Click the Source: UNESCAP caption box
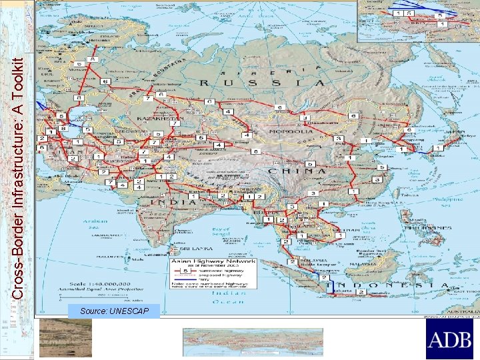click(x=113, y=311)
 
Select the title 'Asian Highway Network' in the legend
click(x=210, y=263)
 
